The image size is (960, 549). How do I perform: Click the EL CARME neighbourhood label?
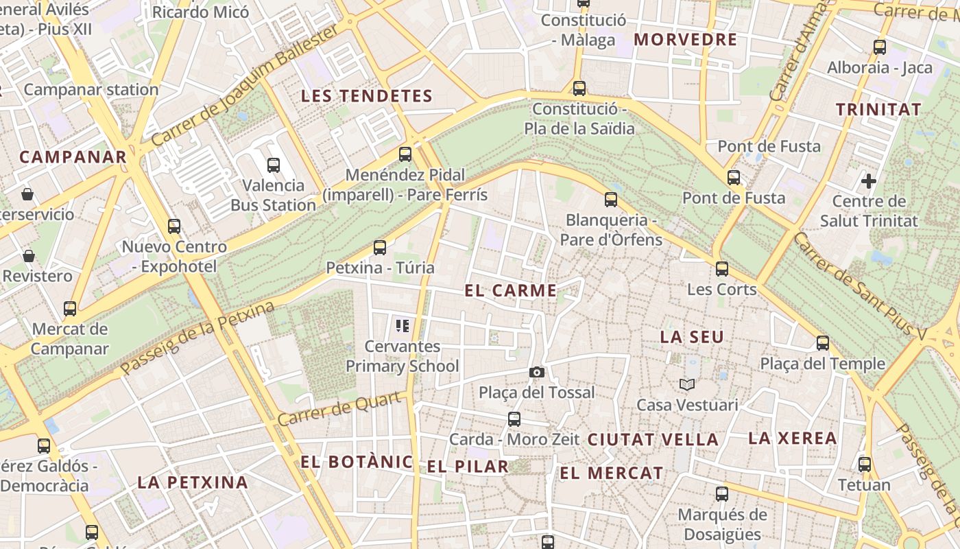coord(511,290)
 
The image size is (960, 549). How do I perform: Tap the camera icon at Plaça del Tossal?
coord(537,372)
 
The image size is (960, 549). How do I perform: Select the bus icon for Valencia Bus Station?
coord(274,165)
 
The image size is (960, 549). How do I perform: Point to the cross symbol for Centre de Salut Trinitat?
coord(869,181)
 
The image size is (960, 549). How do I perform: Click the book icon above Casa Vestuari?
coord(687,385)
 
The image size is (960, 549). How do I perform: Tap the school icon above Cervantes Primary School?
coord(403,325)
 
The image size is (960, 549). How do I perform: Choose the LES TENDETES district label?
coord(367,96)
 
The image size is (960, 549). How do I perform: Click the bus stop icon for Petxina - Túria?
coord(380,248)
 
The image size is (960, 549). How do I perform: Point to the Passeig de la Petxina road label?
coord(197,338)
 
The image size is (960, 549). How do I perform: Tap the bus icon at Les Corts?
coord(722,269)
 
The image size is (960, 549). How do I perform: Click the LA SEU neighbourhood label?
coord(692,337)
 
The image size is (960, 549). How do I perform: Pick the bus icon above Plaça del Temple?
coord(823,343)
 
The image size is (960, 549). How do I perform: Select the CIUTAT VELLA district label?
coord(653,439)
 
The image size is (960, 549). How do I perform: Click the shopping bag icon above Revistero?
coord(29,256)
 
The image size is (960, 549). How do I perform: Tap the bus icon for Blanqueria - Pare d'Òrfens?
coord(611,200)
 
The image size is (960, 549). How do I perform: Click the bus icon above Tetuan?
coord(865,465)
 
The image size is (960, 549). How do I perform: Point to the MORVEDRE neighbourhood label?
coord(685,40)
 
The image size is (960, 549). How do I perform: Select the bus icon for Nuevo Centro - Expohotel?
coord(174,226)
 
